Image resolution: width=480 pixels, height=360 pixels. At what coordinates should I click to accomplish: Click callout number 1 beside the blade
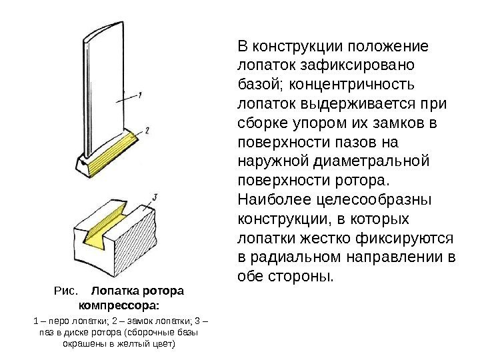click(x=140, y=95)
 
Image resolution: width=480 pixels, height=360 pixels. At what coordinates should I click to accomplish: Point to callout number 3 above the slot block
click(x=155, y=197)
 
